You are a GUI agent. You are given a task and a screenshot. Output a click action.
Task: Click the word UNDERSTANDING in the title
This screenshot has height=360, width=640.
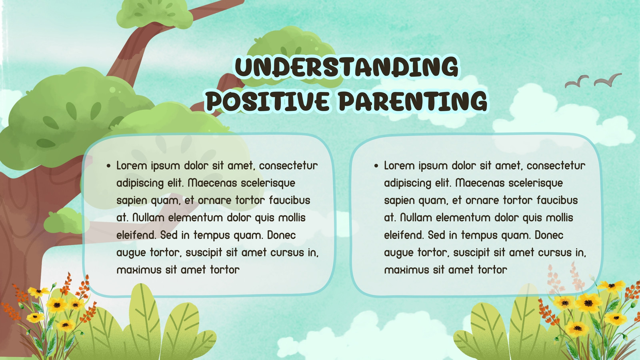click(x=346, y=67)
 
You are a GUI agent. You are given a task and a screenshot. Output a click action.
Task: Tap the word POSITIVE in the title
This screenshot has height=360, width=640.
click(x=268, y=101)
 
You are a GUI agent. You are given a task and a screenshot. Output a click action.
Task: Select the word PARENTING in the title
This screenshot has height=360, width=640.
click(x=413, y=101)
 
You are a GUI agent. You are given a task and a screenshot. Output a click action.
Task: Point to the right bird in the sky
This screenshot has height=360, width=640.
click(x=608, y=80)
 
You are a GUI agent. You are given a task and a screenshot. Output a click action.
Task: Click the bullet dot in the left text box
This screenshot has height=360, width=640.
click(x=108, y=166)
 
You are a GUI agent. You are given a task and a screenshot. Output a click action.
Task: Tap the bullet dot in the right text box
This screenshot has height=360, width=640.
click(x=376, y=166)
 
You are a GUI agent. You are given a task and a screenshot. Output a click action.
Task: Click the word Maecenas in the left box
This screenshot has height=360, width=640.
click(x=212, y=183)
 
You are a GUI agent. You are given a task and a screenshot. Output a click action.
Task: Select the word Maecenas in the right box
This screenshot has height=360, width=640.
click(x=480, y=183)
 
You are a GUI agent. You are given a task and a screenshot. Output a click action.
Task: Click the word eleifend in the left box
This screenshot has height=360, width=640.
click(x=136, y=235)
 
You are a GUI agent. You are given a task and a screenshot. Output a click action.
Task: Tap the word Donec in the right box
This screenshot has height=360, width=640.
click(x=549, y=235)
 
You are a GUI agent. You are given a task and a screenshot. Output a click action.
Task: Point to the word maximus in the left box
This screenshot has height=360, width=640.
click(x=139, y=270)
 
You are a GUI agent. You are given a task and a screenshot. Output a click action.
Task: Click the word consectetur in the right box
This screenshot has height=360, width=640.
click(x=556, y=166)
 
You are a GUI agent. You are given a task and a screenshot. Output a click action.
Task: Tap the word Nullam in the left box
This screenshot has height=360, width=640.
click(x=148, y=218)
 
